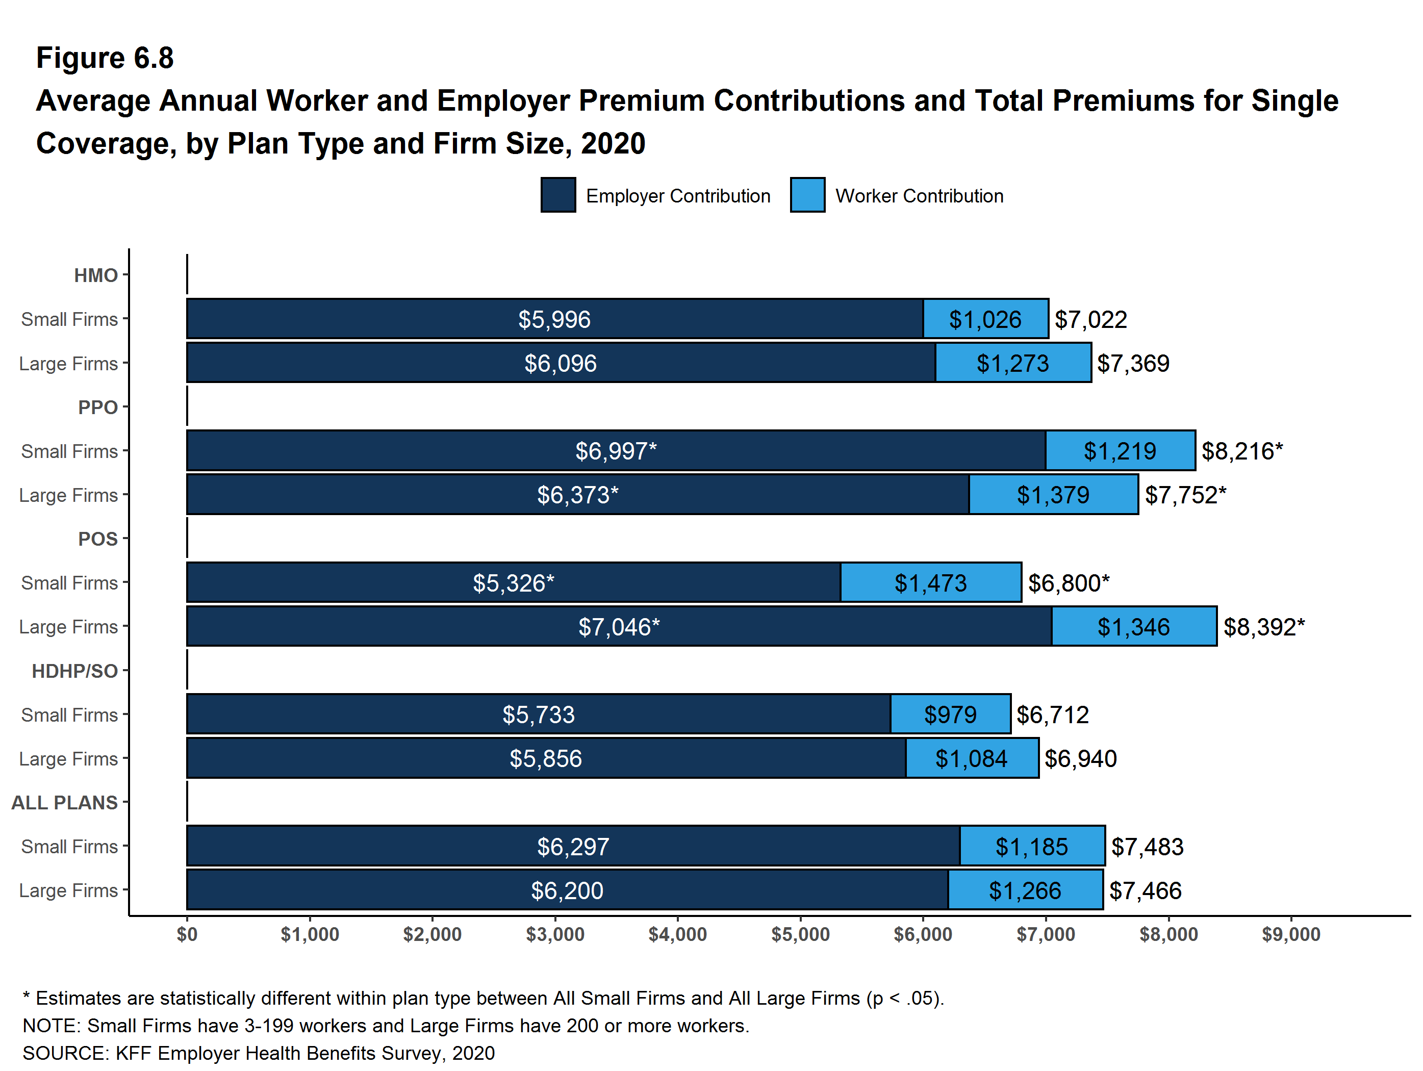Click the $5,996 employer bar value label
pos(554,320)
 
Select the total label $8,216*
pos(1241,451)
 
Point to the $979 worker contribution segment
pos(950,715)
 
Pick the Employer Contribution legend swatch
pos(558,195)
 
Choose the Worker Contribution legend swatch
pos(807,195)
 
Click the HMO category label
pos(96,276)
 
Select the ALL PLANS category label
pos(64,803)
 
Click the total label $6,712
pos(1052,715)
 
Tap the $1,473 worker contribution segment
pos(930,583)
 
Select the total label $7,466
pos(1145,891)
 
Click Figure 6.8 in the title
pos(105,58)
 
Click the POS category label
pos(98,539)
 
